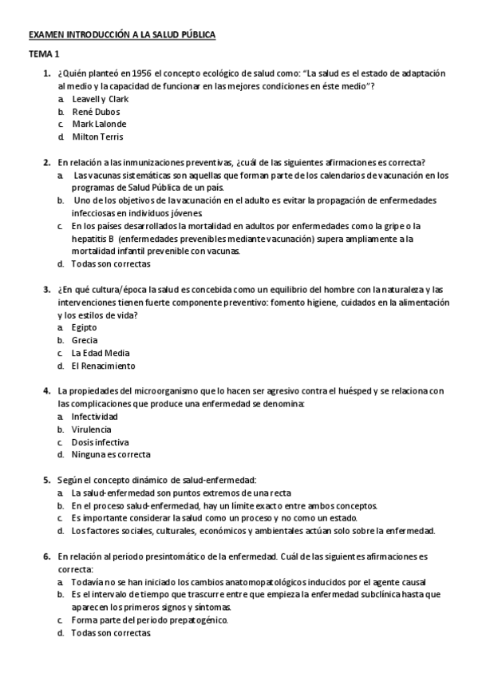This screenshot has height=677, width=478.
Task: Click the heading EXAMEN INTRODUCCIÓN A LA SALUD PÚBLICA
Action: click(x=122, y=36)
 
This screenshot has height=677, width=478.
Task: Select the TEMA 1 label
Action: click(x=44, y=54)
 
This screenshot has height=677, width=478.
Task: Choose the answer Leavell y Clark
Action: click(x=100, y=99)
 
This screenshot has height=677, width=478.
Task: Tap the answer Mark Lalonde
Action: click(x=99, y=124)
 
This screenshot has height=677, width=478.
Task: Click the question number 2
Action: click(x=46, y=162)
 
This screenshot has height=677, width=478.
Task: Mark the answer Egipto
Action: click(x=84, y=327)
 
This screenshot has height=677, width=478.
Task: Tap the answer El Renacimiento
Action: click(x=103, y=366)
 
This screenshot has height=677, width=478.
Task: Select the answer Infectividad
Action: click(x=94, y=417)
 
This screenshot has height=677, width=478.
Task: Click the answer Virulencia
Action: click(x=91, y=430)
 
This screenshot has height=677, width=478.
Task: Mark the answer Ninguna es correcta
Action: click(x=110, y=455)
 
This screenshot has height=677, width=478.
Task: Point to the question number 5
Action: click(x=46, y=480)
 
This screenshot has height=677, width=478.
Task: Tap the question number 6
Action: click(x=46, y=556)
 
